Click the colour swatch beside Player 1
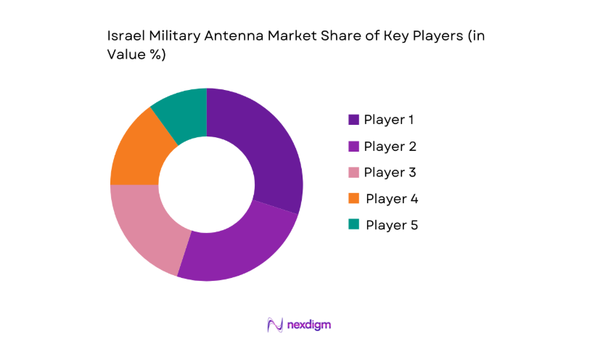[354, 120]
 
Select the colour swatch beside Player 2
[354, 146]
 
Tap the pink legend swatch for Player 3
[354, 172]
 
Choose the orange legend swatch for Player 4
[354, 198]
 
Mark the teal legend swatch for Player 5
[354, 224]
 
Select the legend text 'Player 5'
[392, 224]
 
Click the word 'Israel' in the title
[124, 36]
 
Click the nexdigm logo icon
[275, 324]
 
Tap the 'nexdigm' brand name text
[309, 324]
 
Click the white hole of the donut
[207, 184]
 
